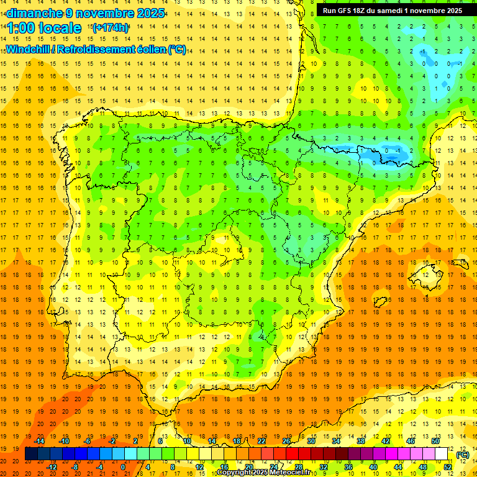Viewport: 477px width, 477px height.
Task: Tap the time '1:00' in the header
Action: (x=21, y=29)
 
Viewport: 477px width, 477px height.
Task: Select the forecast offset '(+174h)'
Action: (x=111, y=28)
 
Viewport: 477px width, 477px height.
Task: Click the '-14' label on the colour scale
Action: (x=39, y=441)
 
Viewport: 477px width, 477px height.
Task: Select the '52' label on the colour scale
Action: (x=448, y=466)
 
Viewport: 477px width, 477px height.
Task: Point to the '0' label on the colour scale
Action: (x=123, y=466)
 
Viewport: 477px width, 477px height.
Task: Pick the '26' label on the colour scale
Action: (x=286, y=441)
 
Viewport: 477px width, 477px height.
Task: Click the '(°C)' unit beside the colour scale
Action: (x=462, y=455)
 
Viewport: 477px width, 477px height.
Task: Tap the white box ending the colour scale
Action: (x=441, y=454)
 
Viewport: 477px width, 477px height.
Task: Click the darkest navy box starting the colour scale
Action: (x=31, y=454)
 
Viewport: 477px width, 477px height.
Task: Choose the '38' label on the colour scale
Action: (x=361, y=441)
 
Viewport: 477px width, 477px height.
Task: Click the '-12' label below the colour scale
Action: (x=52, y=466)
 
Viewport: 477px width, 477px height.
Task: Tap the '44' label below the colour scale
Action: (x=398, y=466)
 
